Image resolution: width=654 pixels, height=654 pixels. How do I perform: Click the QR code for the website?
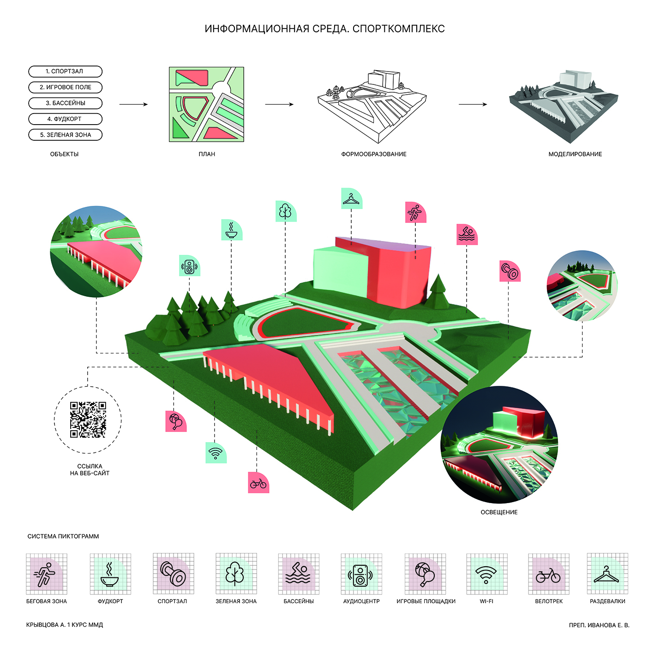point(88,420)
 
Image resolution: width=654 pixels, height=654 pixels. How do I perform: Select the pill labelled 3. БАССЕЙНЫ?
point(65,103)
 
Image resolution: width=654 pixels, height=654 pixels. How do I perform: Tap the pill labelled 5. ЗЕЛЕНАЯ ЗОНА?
point(65,135)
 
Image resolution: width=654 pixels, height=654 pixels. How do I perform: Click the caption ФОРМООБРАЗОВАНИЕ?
point(374,154)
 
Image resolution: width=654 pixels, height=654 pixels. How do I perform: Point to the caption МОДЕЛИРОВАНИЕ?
point(575,154)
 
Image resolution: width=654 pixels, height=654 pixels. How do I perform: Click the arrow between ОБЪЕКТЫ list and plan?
point(133,104)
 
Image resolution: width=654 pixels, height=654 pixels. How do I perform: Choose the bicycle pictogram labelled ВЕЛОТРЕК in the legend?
point(548,574)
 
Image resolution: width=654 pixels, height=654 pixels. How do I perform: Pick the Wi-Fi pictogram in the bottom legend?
point(486,574)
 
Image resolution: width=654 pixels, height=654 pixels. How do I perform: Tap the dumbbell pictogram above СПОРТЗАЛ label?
point(173,574)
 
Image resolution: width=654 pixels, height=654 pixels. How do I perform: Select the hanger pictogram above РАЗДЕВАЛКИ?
point(607,574)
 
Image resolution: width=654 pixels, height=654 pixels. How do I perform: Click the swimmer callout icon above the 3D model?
point(467,234)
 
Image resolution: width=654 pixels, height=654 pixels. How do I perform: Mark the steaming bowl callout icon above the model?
point(232,230)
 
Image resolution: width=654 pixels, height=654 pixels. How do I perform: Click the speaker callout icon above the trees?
point(189,266)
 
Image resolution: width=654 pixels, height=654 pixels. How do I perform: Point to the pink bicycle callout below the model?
point(258,483)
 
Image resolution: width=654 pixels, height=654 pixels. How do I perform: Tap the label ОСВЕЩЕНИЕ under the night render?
point(499,512)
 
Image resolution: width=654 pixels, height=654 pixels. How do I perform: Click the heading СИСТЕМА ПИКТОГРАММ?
point(63,536)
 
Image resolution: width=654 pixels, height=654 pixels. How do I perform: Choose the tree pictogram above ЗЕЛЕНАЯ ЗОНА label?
point(235,574)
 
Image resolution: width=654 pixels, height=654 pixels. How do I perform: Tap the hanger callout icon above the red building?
point(352,198)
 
